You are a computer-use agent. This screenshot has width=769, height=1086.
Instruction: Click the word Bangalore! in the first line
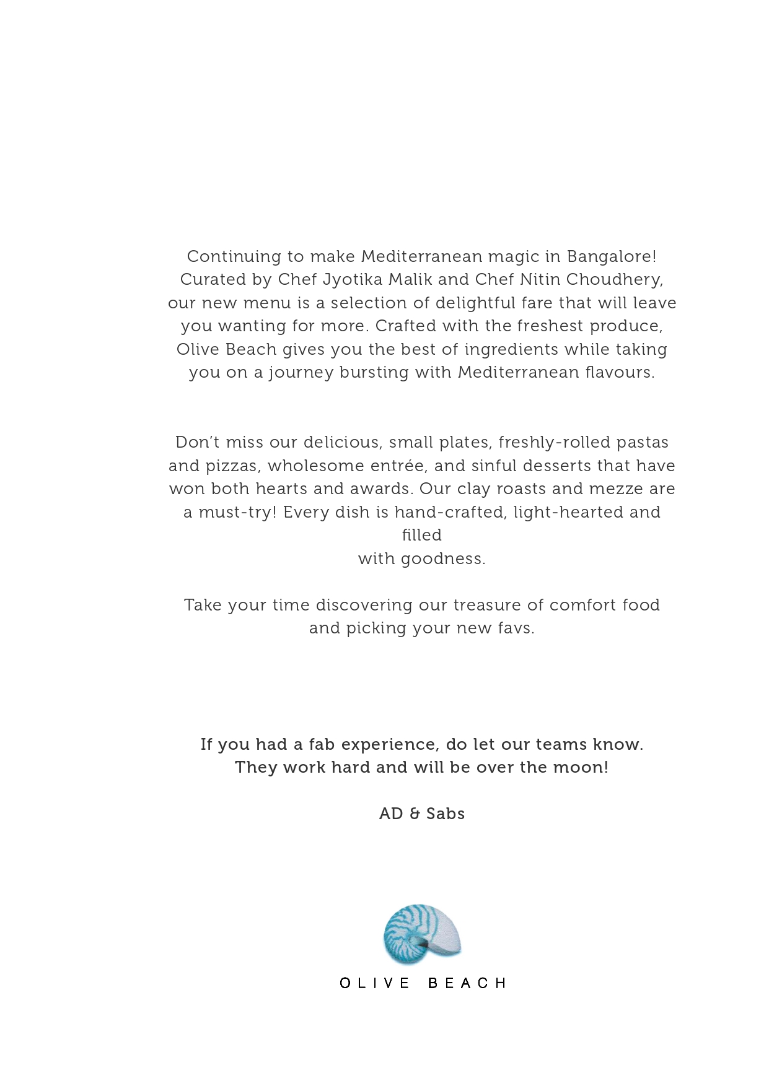pos(612,256)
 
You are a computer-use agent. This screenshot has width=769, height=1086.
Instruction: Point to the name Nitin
pos(540,279)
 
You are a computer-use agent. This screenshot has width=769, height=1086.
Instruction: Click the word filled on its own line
pos(422,535)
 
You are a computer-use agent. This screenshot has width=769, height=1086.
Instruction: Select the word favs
pos(516,628)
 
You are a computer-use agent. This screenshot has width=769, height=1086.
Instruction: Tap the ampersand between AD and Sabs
pos(415,814)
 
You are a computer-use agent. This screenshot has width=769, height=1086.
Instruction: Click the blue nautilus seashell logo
pos(422,934)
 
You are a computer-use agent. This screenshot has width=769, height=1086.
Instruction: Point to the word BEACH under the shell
pos(468,983)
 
